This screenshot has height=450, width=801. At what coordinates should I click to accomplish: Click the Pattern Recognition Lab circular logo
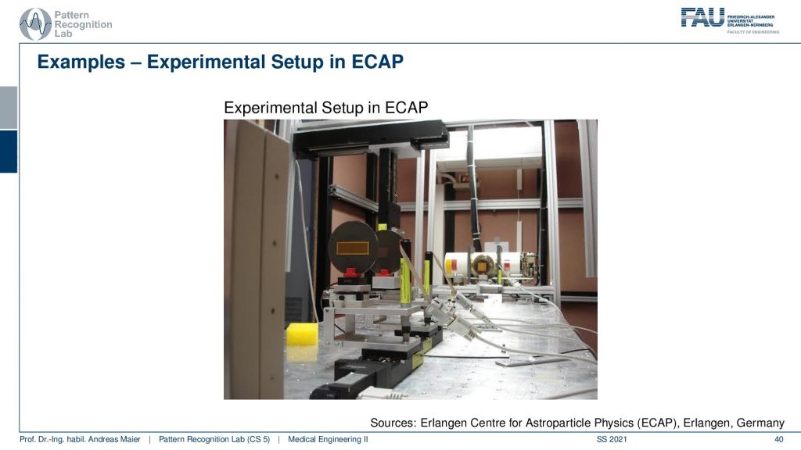pos(35,24)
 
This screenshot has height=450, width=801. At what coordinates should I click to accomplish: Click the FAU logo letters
pos(702,17)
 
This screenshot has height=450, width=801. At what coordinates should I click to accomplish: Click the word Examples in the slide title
pos(81,62)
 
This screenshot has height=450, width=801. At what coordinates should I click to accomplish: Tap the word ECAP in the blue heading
pos(377,62)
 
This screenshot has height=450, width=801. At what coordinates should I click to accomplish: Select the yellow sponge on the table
pos(302,334)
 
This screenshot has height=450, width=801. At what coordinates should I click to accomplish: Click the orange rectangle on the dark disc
pos(353,248)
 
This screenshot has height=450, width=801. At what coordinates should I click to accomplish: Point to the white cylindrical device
pos(490,268)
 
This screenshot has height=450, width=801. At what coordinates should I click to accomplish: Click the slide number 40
pos(778,439)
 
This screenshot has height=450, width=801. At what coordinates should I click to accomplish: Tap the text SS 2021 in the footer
pos(612,439)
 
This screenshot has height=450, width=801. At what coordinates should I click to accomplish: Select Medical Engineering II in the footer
pos(328,439)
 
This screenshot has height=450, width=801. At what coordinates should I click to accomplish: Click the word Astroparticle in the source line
pos(555,423)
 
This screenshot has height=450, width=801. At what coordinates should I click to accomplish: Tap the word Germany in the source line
pos(760,423)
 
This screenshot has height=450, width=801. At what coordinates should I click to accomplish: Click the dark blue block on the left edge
pos(9,152)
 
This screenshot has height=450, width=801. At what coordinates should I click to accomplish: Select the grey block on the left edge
pos(9,108)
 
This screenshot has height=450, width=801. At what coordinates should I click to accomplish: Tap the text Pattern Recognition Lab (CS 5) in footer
pos(214,439)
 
